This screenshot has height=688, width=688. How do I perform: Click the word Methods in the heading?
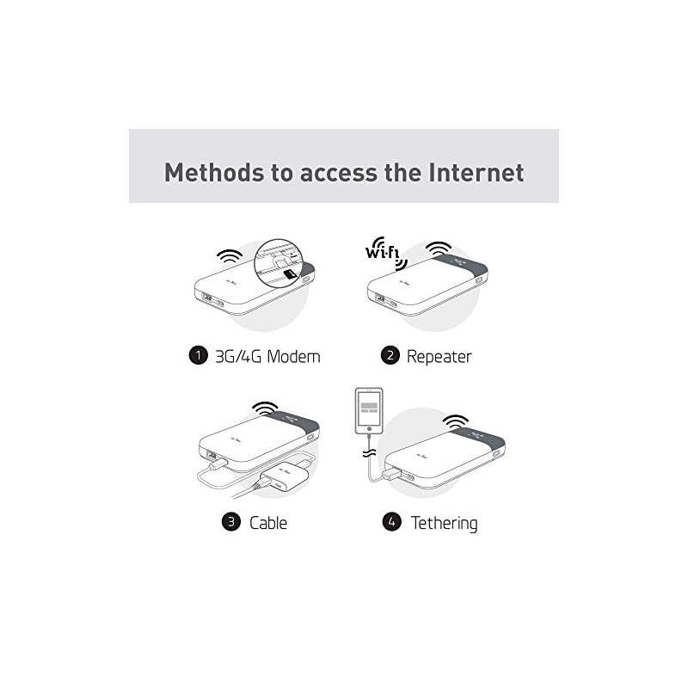(x=212, y=172)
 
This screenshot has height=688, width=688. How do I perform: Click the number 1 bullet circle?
(x=198, y=356)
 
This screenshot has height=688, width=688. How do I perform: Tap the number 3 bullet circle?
(x=230, y=522)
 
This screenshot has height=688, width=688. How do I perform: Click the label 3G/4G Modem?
(x=267, y=356)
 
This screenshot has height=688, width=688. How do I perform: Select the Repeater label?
(x=439, y=356)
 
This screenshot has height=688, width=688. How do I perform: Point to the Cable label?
(x=268, y=522)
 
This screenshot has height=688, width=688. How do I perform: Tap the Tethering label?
(x=444, y=522)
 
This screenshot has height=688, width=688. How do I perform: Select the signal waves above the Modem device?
(x=230, y=258)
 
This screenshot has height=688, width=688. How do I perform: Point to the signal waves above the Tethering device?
(x=456, y=422)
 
